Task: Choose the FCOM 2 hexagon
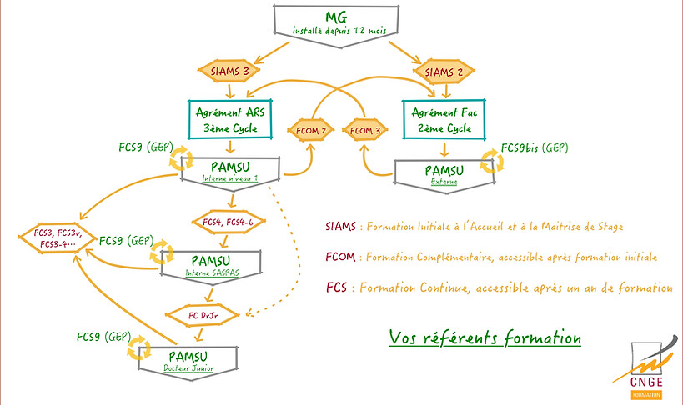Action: point(312,131)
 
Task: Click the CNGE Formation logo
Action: point(647,367)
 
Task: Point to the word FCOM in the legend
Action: point(341,257)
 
